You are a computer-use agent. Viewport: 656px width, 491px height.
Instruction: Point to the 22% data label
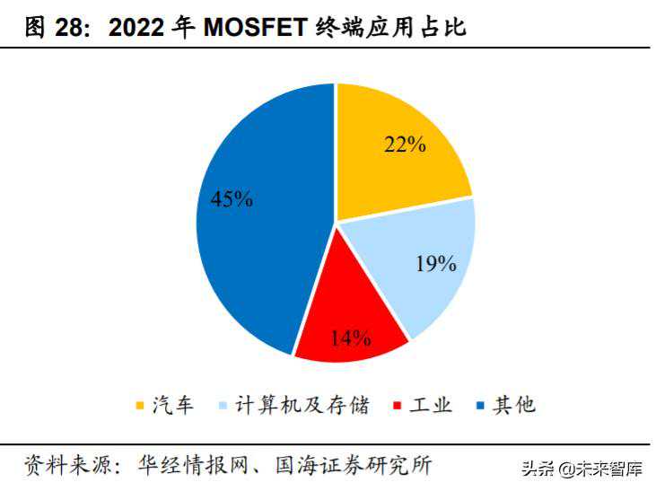coord(405,144)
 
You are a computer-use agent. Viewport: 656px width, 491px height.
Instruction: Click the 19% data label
coord(437,264)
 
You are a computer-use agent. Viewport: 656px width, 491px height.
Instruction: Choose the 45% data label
coord(232,199)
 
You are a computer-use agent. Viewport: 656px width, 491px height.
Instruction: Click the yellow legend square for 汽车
coord(141,407)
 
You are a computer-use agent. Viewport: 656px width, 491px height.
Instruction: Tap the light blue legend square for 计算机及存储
coord(221,407)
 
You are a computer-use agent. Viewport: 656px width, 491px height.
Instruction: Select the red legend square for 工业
coord(397,407)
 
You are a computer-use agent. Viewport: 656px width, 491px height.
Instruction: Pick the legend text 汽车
coord(172,406)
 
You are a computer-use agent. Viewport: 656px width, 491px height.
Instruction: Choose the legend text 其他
coord(513,406)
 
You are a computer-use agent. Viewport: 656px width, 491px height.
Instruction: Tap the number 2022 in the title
coord(138,28)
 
